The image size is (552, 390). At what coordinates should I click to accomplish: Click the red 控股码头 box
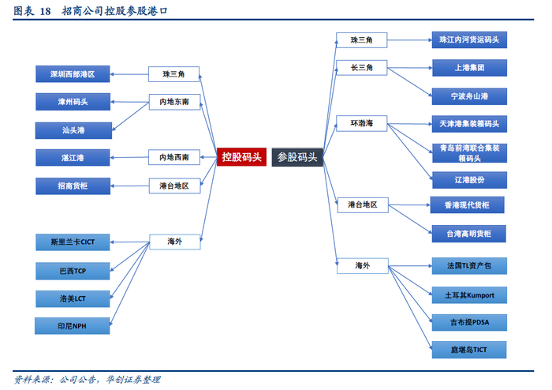241,157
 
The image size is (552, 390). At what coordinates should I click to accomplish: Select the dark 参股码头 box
297,157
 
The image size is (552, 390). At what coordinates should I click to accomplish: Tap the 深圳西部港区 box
73,74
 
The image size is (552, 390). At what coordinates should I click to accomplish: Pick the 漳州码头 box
73,102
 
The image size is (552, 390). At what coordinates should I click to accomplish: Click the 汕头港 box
73,130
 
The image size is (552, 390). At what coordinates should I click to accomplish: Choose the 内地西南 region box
174,157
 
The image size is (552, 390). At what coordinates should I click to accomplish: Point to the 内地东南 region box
174,102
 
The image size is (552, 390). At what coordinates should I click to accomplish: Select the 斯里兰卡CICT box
73,242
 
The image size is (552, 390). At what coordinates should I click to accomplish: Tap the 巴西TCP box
73,271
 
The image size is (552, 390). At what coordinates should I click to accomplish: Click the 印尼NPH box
73,326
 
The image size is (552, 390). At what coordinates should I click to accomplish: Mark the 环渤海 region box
361,123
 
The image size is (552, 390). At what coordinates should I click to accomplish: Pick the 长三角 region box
361,68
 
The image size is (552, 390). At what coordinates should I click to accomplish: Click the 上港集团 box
470,68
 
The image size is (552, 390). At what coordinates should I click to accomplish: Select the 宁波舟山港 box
470,96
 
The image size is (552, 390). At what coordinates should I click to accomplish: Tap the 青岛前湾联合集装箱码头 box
470,153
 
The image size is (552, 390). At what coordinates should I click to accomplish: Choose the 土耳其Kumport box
470,295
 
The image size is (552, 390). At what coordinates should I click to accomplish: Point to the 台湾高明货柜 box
469,234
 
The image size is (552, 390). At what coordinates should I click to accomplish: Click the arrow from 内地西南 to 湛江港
129,157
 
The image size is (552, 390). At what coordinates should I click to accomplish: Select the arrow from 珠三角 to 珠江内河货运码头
410,39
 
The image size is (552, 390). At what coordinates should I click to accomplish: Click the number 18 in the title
45,11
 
